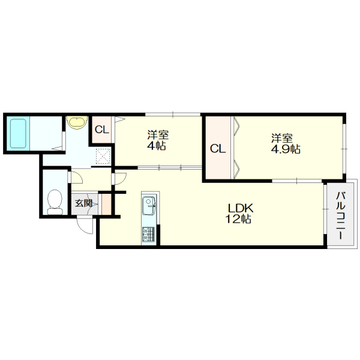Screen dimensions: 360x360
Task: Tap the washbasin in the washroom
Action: [76, 122]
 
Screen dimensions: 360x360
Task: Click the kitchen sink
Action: [148, 208]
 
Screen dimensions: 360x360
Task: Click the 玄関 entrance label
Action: [84, 203]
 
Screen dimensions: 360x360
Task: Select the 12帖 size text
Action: [239, 220]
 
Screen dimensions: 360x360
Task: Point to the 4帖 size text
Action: [156, 146]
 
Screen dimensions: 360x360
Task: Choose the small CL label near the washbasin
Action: [101, 129]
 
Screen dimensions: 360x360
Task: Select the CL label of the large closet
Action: [217, 148]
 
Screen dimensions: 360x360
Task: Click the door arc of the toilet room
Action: [76, 178]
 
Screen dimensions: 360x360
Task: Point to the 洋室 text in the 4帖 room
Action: [157, 134]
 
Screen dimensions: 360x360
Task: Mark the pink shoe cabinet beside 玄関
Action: [106, 203]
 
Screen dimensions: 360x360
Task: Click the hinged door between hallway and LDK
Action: [118, 178]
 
